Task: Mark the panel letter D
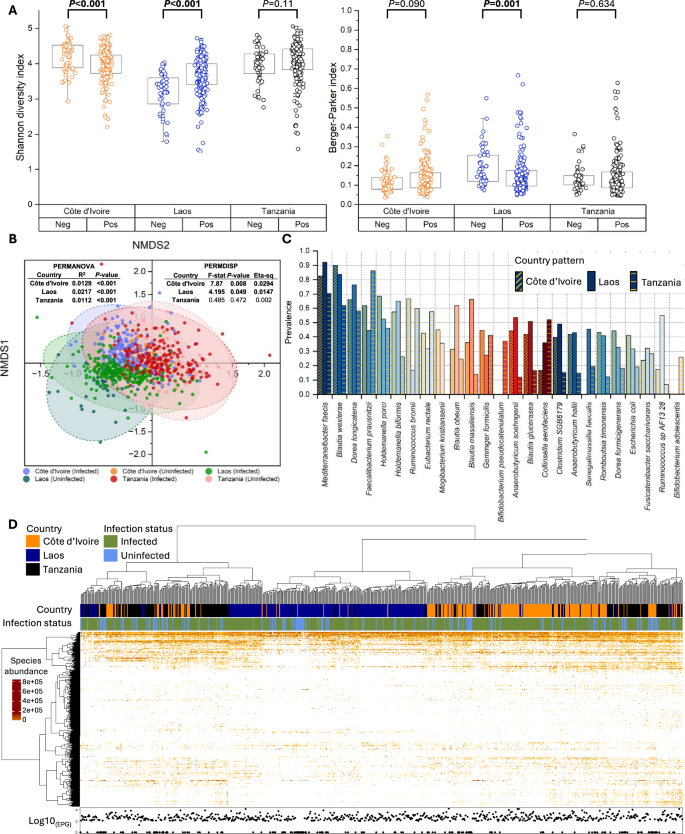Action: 9,524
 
